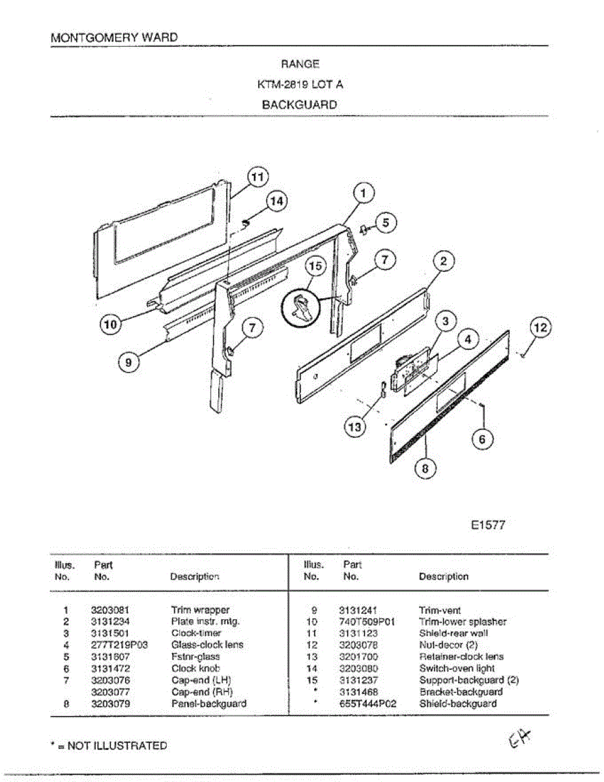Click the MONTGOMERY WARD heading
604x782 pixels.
point(114,37)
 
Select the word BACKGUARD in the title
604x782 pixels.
point(299,104)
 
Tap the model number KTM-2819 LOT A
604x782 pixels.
point(299,84)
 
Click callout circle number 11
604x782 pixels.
point(258,177)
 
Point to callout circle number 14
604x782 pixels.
point(277,201)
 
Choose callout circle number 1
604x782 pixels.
point(364,193)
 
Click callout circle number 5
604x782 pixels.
point(385,223)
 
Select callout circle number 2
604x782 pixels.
point(443,262)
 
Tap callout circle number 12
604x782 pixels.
point(540,328)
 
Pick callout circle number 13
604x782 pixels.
point(354,427)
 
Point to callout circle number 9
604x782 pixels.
point(129,362)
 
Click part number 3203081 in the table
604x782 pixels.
point(110,611)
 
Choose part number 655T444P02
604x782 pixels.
point(367,704)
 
